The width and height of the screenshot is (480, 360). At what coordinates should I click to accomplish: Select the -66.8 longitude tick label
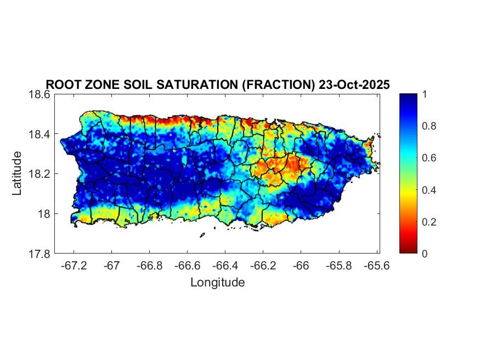(150, 266)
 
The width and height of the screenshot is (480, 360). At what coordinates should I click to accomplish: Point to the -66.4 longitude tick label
(225, 266)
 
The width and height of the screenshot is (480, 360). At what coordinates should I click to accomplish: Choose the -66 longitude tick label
(301, 266)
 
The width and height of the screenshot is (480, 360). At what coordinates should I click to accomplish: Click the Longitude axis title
(217, 283)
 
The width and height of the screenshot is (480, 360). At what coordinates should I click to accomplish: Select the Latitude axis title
(18, 173)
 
